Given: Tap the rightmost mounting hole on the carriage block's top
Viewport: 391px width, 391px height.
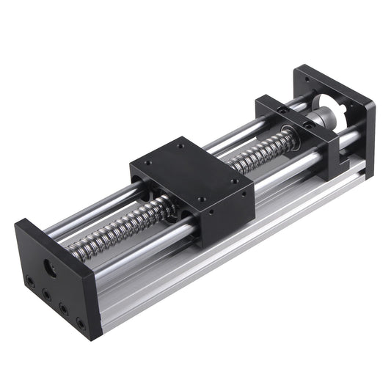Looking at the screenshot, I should (x=235, y=180).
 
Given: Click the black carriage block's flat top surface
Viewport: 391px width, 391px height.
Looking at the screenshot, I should (x=192, y=172).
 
